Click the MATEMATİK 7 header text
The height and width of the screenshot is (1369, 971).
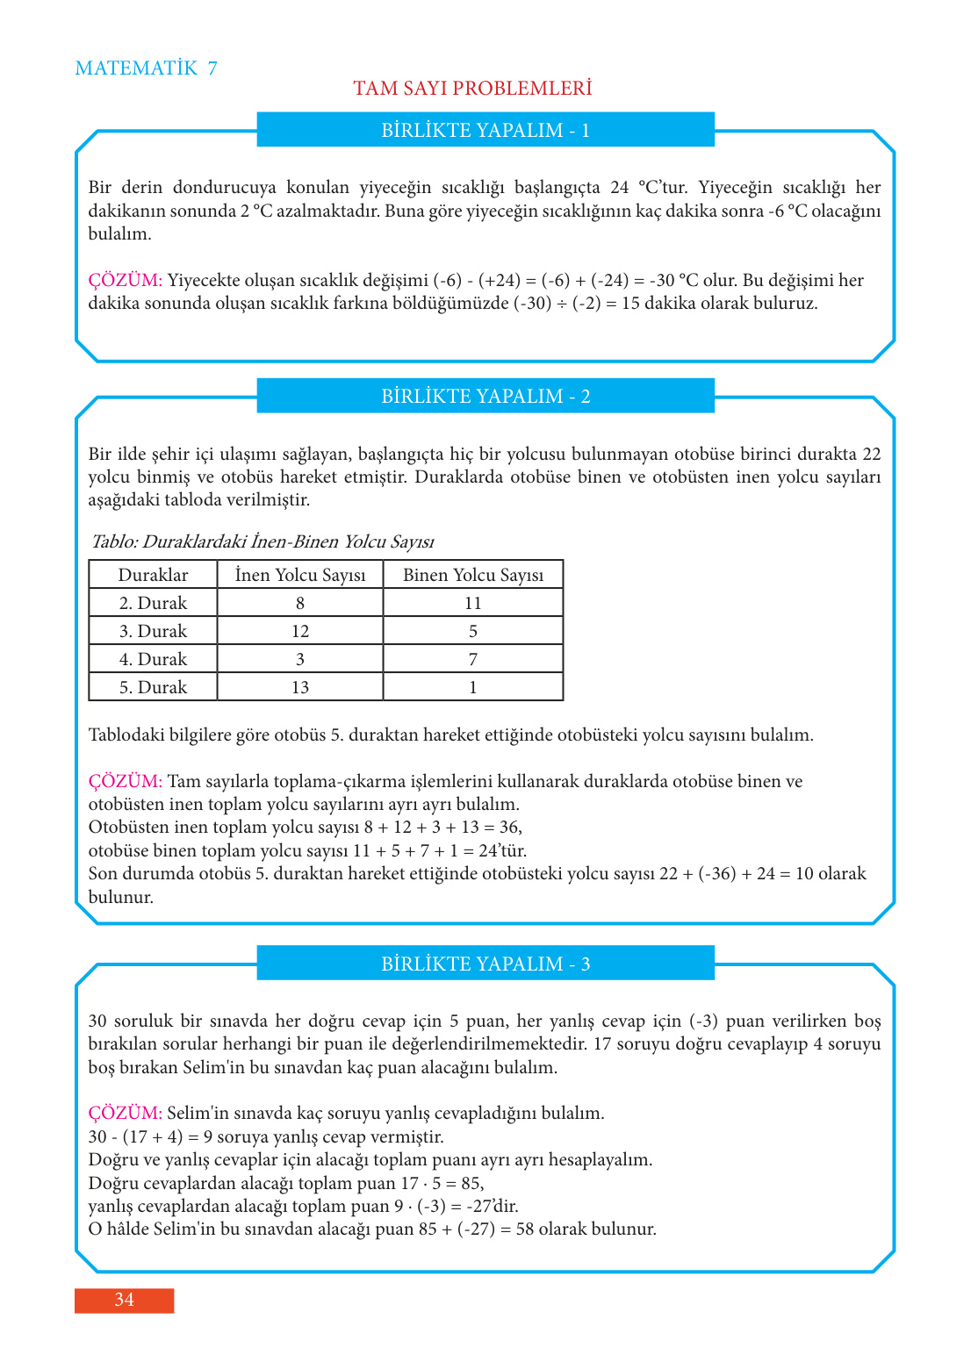click(146, 68)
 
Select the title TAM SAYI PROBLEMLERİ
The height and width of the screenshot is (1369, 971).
click(472, 89)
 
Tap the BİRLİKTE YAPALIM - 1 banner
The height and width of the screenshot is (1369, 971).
click(485, 130)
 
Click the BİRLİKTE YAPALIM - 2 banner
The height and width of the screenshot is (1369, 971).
click(485, 396)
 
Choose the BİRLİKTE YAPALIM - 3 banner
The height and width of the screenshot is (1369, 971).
click(485, 964)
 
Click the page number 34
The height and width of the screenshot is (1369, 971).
click(124, 1300)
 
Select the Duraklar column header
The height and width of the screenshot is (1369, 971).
click(153, 575)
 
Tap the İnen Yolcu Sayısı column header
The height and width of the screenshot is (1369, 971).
click(300, 575)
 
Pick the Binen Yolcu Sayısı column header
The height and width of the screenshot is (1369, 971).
click(473, 575)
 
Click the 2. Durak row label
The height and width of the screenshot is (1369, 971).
click(153, 603)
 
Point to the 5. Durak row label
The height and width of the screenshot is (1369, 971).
click(153, 687)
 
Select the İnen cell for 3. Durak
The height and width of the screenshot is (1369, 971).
click(300, 631)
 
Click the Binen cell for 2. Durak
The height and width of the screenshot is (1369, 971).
click(473, 603)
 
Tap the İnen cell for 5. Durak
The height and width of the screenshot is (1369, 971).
click(300, 687)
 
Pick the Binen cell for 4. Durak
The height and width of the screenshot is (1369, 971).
click(473, 659)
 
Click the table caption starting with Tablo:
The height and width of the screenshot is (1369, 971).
click(263, 541)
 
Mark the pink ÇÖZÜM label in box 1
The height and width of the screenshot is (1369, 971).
click(125, 280)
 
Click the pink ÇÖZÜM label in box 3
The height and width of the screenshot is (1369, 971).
click(125, 1113)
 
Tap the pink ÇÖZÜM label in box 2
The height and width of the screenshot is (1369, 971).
click(125, 781)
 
